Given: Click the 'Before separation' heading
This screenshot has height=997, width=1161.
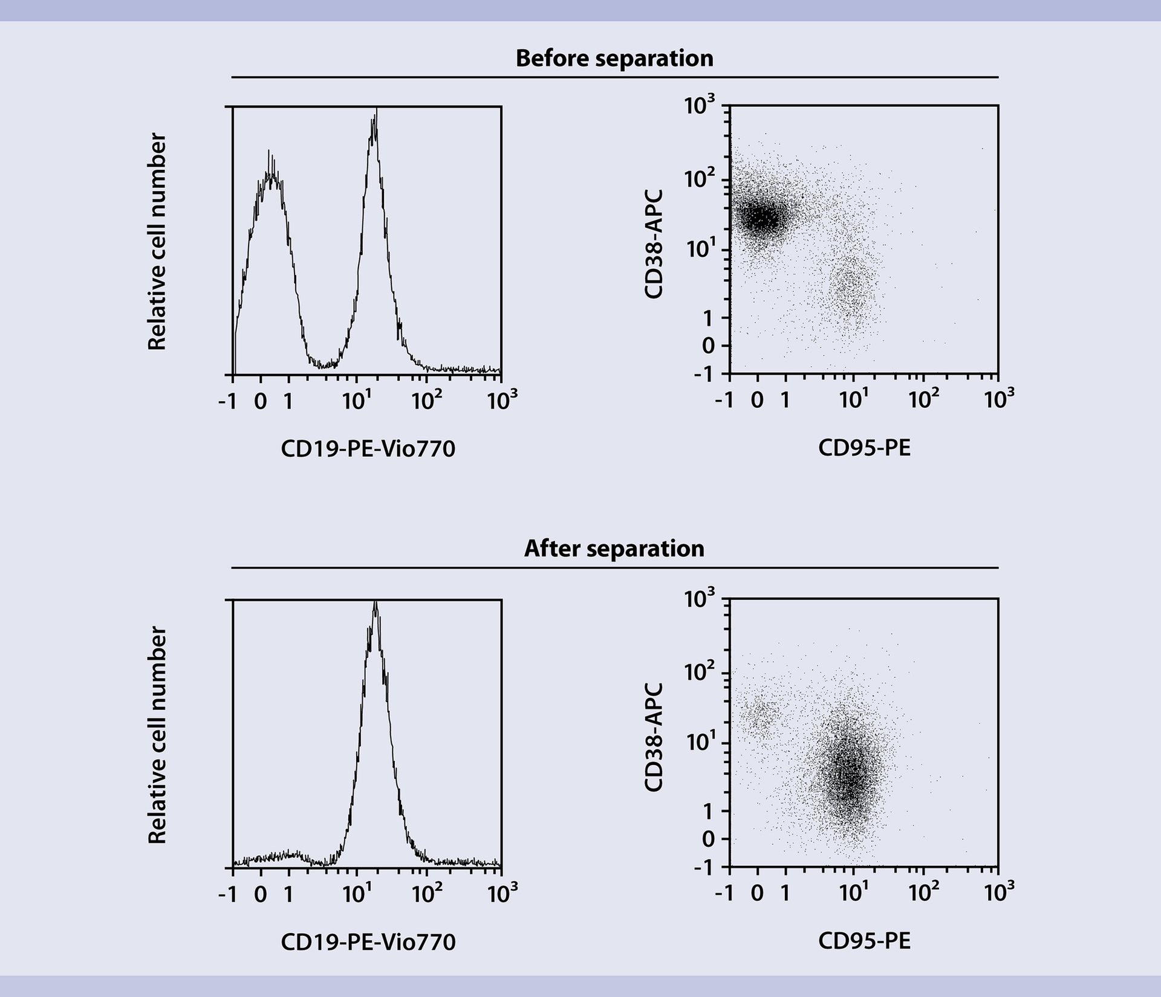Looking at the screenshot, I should point(614,59).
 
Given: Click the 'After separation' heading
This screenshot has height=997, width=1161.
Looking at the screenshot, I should point(614,549).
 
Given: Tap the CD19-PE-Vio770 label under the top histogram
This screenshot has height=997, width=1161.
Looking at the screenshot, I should point(368,448).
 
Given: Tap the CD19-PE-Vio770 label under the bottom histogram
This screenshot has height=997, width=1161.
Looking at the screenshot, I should point(368,941).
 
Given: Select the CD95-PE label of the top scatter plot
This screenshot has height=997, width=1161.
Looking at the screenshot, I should point(864,448).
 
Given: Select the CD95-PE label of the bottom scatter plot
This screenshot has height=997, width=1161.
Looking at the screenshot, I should point(864,941).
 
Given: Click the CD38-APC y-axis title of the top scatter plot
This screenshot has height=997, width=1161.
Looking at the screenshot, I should point(654,244).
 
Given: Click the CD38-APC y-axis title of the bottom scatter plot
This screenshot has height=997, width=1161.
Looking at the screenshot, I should point(654,737).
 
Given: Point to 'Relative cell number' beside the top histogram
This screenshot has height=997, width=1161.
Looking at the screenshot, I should point(157,242).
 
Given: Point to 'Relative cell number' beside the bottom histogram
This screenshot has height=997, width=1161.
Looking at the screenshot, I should point(157,735).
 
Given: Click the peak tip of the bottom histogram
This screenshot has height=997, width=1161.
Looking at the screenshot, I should point(376,602).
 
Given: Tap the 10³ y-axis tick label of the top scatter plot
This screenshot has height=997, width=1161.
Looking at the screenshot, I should point(700,106).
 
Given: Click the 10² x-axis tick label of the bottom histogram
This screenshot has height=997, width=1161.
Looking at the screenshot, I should point(426,894).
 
